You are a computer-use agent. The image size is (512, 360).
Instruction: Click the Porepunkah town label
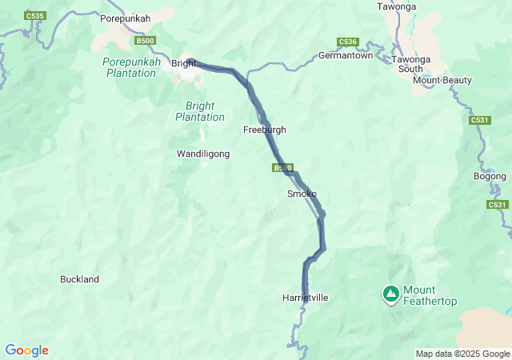pyautogui.click(x=125, y=18)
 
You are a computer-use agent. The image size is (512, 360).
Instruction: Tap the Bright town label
pyautogui.click(x=183, y=63)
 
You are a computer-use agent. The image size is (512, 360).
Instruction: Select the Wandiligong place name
pyautogui.click(x=203, y=153)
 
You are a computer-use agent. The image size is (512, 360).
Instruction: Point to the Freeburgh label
pyautogui.click(x=264, y=130)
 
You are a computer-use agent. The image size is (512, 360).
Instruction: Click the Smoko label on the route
pyautogui.click(x=302, y=194)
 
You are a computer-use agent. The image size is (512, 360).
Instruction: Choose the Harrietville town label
pyautogui.click(x=306, y=298)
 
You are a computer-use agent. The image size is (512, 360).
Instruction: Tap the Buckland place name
pyautogui.click(x=79, y=279)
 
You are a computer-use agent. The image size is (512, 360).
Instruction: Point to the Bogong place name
pyautogui.click(x=490, y=176)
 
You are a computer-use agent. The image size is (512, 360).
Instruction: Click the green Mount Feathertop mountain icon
pyautogui.click(x=390, y=295)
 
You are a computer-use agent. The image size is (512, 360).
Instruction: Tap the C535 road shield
pyautogui.click(x=34, y=15)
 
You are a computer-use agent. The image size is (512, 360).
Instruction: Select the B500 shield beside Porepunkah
pyautogui.click(x=145, y=41)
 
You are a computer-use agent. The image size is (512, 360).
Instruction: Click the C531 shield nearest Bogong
pyautogui.click(x=497, y=205)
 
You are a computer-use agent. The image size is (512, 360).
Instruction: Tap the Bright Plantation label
pyautogui.click(x=200, y=111)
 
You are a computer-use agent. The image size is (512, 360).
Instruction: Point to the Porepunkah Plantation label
pyautogui.click(x=131, y=67)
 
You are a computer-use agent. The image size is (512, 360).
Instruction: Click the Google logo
pyautogui.click(x=26, y=350)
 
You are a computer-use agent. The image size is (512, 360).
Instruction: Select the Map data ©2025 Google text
pyautogui.click(x=462, y=354)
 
